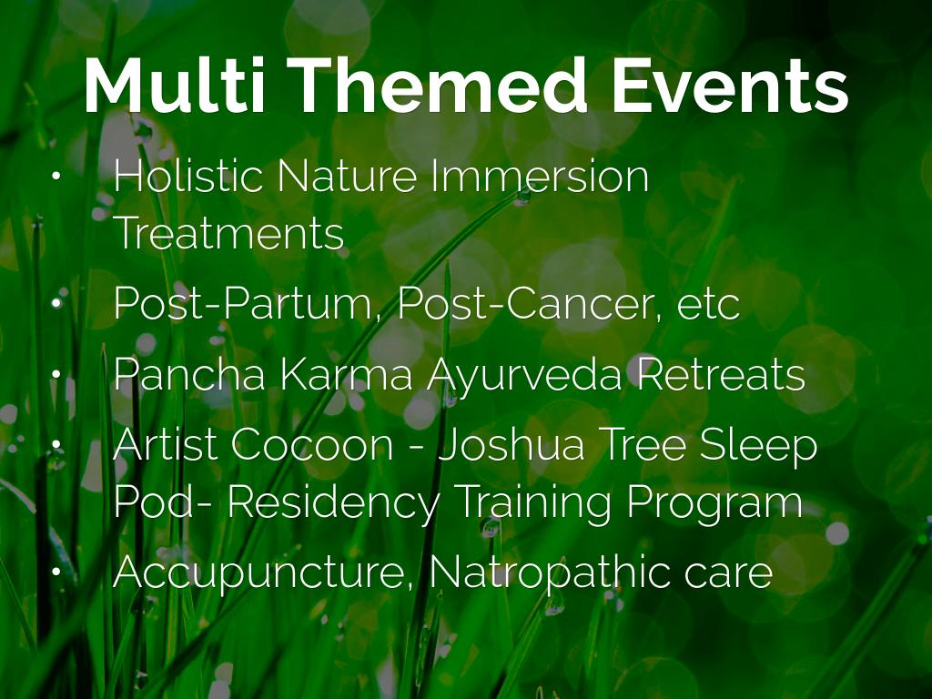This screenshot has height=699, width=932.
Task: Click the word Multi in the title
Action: (174, 85)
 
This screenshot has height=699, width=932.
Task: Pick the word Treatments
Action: (228, 233)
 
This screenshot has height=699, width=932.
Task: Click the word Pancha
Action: (189, 374)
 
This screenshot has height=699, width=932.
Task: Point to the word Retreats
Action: (721, 374)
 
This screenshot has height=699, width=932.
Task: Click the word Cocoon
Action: (312, 444)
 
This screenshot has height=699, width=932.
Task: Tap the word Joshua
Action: (512, 444)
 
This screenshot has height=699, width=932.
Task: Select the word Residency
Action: (333, 502)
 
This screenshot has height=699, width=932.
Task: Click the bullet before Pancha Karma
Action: (56, 374)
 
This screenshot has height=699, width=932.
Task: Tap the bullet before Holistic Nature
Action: (56, 176)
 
